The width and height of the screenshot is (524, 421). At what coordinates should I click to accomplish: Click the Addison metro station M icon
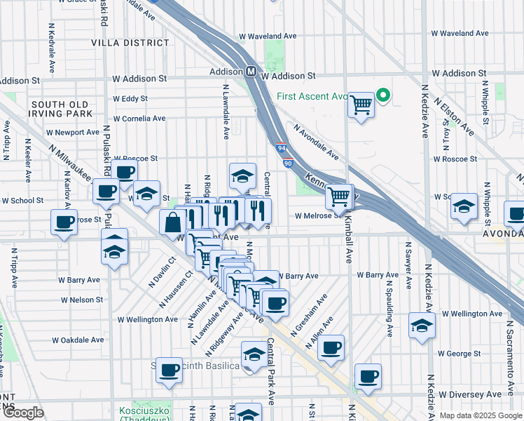(x=250, y=72)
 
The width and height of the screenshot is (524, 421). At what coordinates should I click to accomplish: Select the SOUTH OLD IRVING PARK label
(x=60, y=109)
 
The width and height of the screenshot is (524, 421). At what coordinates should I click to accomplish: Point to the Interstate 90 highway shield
(x=288, y=163)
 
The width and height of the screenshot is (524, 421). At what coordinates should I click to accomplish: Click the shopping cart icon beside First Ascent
(x=361, y=105)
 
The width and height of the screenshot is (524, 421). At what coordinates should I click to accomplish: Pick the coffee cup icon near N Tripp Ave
(x=64, y=223)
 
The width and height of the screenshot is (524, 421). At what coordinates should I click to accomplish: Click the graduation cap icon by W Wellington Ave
(x=422, y=326)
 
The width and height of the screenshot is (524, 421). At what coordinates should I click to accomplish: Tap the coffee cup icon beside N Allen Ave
(x=331, y=347)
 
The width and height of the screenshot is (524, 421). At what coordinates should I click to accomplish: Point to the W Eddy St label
(x=130, y=99)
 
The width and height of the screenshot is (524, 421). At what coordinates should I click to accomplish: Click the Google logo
(x=24, y=413)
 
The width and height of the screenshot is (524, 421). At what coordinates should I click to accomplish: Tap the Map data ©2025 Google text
(x=480, y=415)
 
